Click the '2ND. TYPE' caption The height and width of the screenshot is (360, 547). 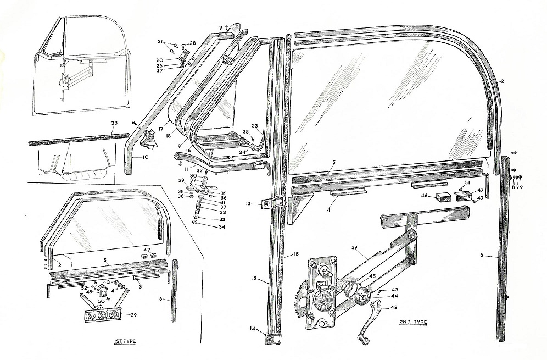[x=413, y=322]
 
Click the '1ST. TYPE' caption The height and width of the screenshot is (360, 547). [x=125, y=341]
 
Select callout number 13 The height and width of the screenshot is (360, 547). [x=248, y=204]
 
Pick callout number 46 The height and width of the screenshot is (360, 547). [x=425, y=196]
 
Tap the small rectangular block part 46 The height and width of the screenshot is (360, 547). [x=444, y=198]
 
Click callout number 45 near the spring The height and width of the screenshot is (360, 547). [x=372, y=276]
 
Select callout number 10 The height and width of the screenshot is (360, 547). [x=145, y=157]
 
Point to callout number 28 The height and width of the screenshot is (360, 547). [x=193, y=43]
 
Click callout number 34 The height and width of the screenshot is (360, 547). [x=222, y=227]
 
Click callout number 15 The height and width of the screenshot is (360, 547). [x=295, y=254]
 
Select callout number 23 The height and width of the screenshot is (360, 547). [x=255, y=126]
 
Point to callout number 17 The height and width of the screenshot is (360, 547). [x=161, y=129]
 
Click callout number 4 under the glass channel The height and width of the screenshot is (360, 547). [x=328, y=210]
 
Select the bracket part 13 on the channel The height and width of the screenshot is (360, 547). [x=273, y=202]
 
